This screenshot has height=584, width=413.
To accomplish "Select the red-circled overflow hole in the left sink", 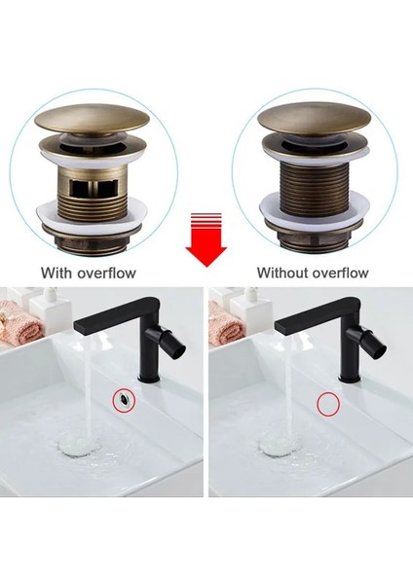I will (124, 397).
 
